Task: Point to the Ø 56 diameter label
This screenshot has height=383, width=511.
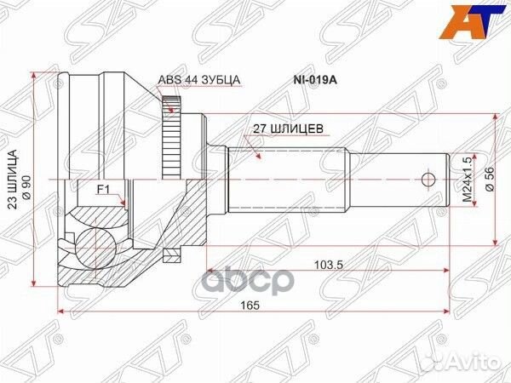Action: [487, 180]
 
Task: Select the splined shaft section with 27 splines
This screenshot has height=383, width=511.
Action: [290, 180]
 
